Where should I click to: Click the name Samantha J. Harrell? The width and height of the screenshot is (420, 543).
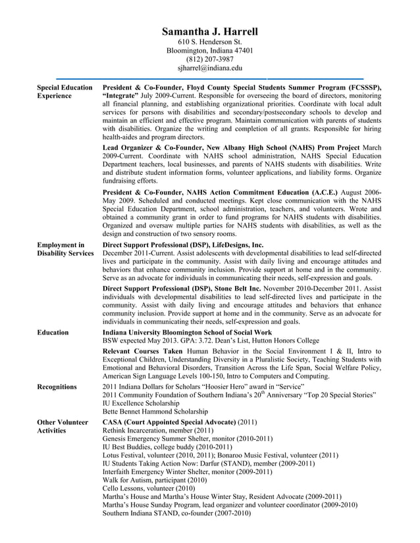point(209,32)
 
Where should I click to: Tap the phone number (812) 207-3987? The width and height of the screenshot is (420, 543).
point(209,59)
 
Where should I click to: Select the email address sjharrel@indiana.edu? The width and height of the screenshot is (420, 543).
point(209,68)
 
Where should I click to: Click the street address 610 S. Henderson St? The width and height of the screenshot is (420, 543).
point(209,42)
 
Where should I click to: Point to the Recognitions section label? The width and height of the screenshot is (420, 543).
point(57,387)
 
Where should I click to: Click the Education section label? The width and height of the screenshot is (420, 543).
point(53,333)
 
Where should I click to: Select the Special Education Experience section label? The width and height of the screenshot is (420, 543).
point(65,91)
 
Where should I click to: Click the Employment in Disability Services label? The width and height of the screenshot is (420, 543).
point(65,249)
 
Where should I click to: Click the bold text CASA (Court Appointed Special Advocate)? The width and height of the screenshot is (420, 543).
point(169,421)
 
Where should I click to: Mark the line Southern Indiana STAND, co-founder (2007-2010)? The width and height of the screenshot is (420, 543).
point(176,513)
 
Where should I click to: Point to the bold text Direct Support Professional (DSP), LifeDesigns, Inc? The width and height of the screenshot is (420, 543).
point(183,245)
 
